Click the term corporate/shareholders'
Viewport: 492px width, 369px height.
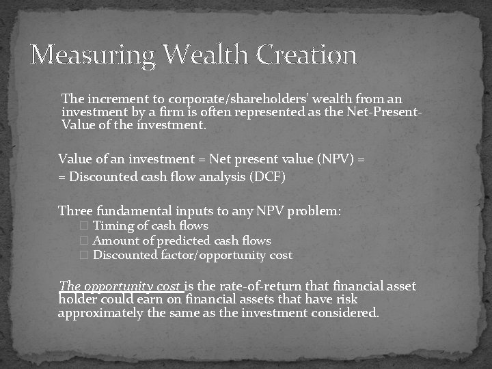tap(216, 98)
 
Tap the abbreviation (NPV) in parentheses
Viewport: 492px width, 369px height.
tap(332, 159)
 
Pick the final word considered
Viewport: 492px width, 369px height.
tap(347, 313)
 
